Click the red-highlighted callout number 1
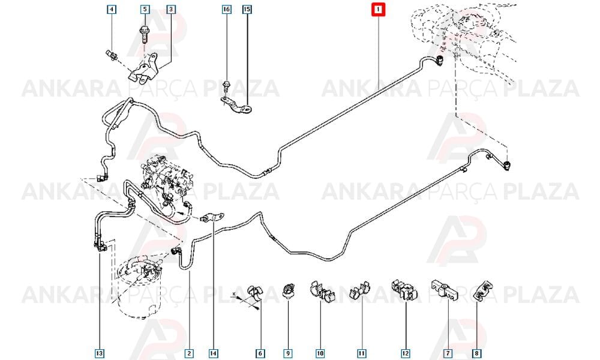tap(379, 10)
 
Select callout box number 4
tap(112, 9)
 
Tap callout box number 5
tap(145, 9)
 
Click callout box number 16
tap(227, 9)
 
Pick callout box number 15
tap(247, 9)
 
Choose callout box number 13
tap(99, 353)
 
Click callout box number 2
tap(189, 353)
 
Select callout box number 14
tap(214, 353)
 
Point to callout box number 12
tap(405, 353)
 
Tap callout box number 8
tap(477, 353)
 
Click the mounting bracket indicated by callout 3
tap(143, 69)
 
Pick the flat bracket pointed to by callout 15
tap(236, 106)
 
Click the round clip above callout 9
tap(288, 290)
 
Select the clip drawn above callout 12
tap(404, 290)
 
